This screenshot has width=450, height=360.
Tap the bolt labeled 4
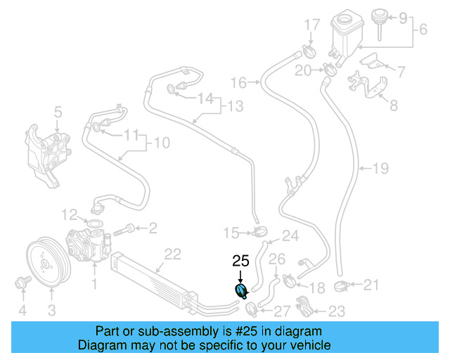pyautogui.click(x=20, y=284)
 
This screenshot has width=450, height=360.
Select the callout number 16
pyautogui.click(x=238, y=83)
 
